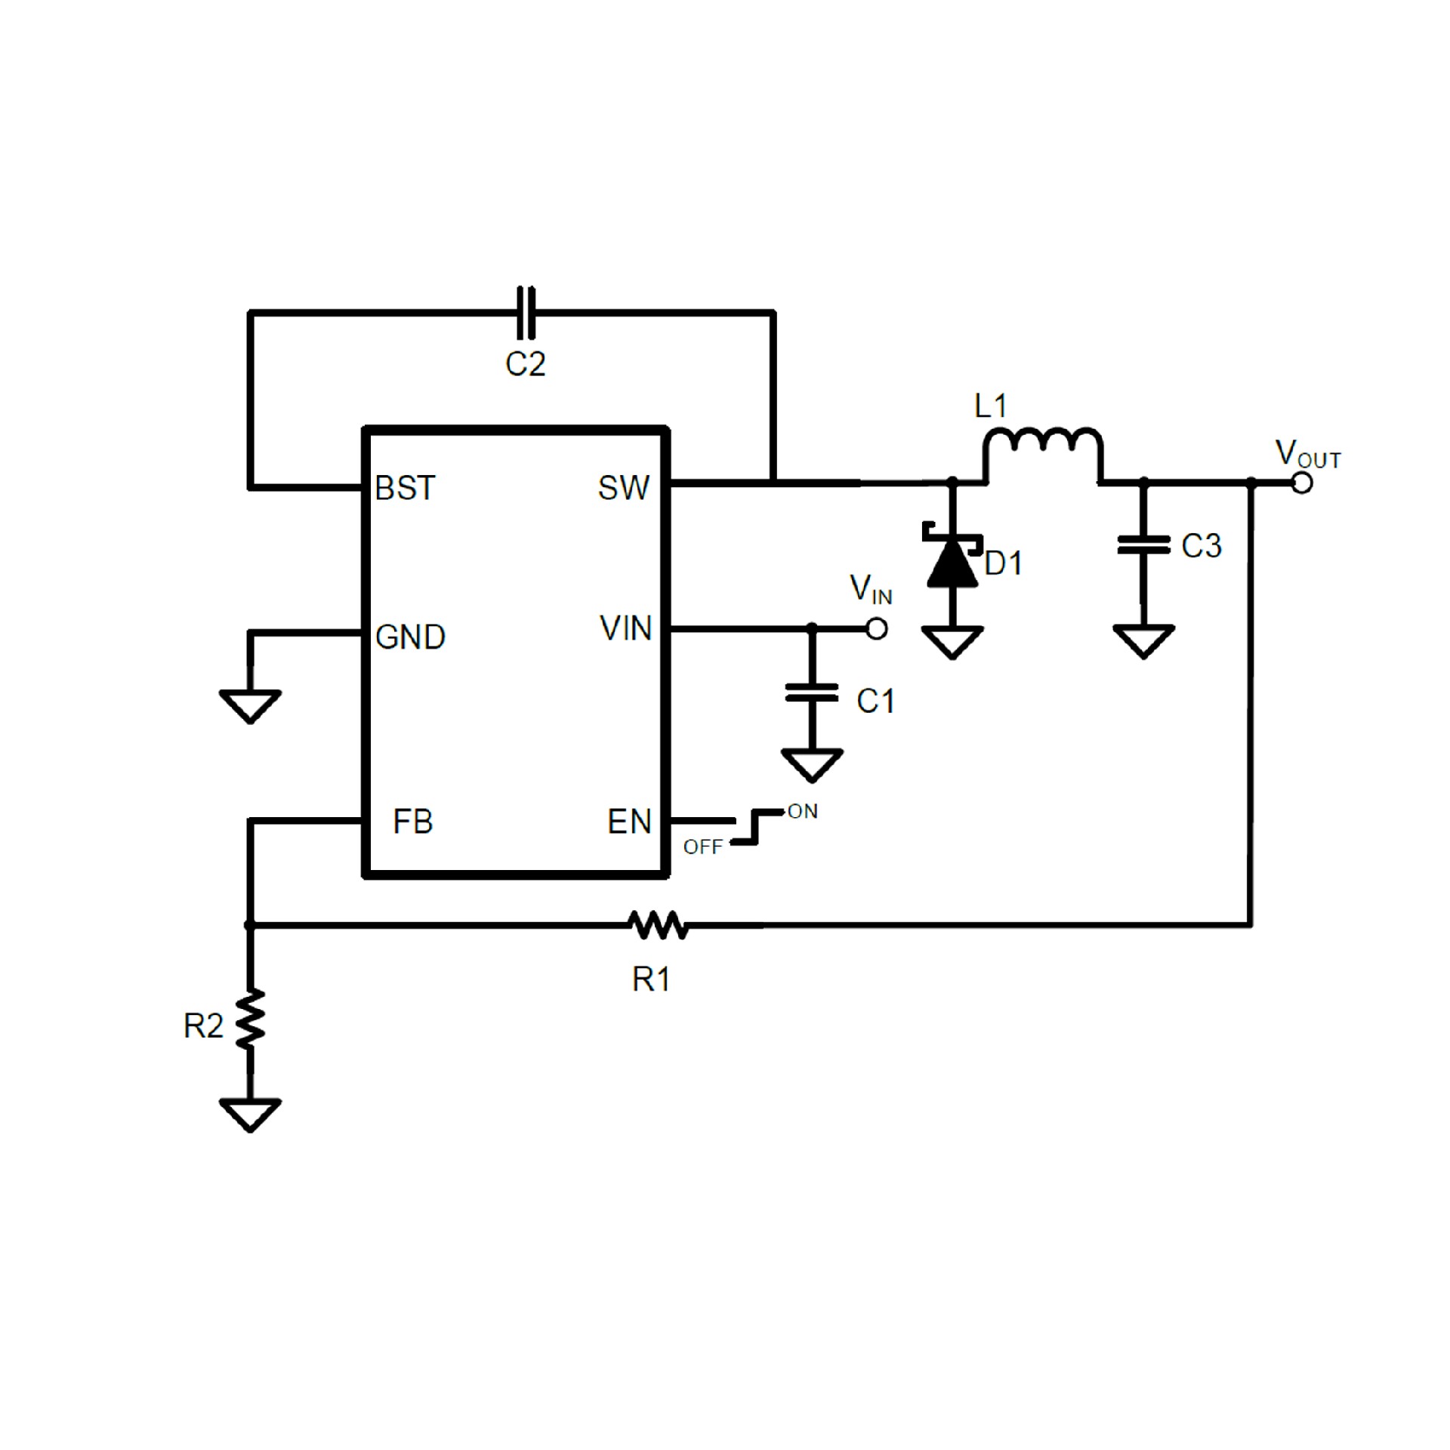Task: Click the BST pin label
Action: point(405,489)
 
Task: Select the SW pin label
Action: point(623,489)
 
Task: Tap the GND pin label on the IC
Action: point(410,637)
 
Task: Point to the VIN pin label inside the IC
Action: point(625,629)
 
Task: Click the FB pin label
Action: point(412,822)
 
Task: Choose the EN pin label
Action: point(629,822)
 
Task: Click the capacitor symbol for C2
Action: point(526,312)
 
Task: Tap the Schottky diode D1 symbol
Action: point(952,560)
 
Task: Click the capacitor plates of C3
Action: point(1143,545)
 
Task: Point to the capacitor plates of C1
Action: point(812,693)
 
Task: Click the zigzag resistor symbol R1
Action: point(658,925)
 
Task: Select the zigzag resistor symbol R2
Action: point(251,1019)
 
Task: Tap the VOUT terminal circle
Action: point(1302,483)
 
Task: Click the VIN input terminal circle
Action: point(876,628)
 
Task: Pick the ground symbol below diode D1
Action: point(952,642)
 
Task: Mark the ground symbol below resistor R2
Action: point(251,1115)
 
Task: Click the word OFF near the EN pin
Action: point(702,847)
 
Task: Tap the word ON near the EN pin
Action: point(802,812)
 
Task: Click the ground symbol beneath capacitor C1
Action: point(812,764)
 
